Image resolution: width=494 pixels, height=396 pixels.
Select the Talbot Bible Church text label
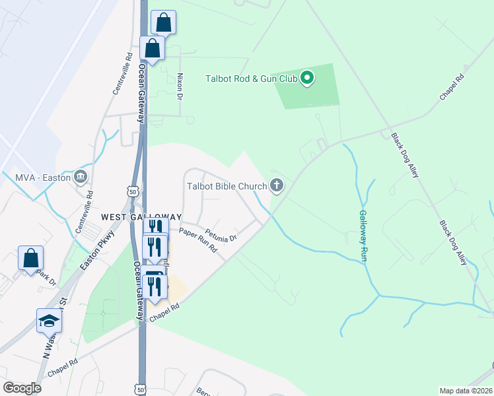[225, 187]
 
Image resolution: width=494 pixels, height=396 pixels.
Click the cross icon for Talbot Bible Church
[277, 187]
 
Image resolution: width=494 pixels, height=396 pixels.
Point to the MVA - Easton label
[43, 177]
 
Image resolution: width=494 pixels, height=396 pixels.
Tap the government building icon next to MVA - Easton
[81, 177]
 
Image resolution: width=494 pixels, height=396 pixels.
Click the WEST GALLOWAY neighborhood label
[141, 217]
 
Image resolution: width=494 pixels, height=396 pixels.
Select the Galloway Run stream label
[363, 236]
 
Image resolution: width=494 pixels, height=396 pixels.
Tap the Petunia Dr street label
[220, 234]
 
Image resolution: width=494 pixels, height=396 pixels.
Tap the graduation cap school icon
[49, 320]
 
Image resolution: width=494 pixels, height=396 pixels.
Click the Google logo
[22, 387]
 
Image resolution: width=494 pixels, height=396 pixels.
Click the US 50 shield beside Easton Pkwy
[133, 190]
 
